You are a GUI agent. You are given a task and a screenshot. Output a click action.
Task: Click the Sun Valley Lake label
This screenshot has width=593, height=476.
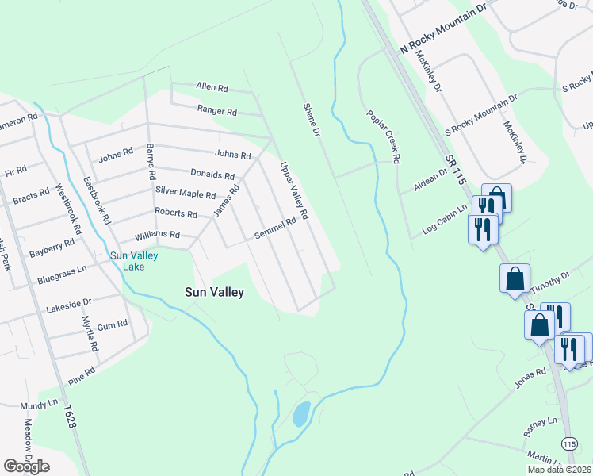click(134, 261)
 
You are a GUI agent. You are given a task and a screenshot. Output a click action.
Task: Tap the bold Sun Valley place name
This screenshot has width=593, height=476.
click(214, 292)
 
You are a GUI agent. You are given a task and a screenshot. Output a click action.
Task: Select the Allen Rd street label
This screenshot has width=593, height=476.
click(212, 87)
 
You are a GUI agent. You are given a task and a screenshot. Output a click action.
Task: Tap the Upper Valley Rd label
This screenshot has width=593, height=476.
click(293, 191)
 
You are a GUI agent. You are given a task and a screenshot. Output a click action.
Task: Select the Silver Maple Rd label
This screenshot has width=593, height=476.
click(186, 194)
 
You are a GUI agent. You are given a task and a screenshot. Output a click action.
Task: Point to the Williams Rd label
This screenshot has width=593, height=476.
click(157, 236)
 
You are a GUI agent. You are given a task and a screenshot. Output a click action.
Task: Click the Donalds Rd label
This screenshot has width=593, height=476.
click(212, 175)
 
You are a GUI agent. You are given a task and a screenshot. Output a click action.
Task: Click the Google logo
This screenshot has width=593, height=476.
click(26, 466)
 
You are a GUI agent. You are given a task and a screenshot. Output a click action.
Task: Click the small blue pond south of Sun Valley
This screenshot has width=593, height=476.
click(301, 413)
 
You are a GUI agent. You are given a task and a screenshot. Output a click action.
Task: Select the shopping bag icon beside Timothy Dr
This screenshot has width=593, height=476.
click(515, 279)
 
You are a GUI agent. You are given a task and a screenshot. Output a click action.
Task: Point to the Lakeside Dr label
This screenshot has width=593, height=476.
click(69, 302)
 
